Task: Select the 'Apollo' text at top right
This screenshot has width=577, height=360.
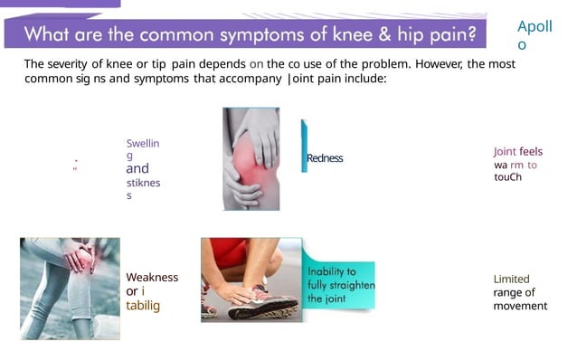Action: pos(534,35)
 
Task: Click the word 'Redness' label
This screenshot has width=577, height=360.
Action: pos(325,158)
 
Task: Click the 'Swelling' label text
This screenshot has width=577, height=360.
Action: pos(143,150)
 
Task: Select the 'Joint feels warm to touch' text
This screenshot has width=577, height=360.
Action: pos(517,165)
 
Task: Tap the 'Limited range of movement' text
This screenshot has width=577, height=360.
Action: pos(520,292)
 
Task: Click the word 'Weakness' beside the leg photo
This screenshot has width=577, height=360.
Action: pos(152,278)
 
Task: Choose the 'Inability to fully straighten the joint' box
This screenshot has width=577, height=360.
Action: pos(340,285)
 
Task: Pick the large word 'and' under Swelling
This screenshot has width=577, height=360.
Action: pos(137,169)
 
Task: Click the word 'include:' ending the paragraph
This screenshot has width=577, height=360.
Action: pos(363,79)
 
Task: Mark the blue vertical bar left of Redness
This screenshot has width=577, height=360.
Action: pos(304,145)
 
